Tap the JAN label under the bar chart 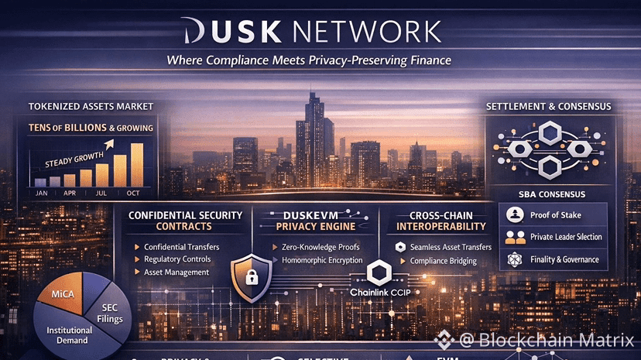click(42, 192)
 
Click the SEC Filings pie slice click(111, 313)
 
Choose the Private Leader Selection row click(565, 237)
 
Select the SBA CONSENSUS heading click(552, 194)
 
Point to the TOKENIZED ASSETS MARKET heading click(91, 106)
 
